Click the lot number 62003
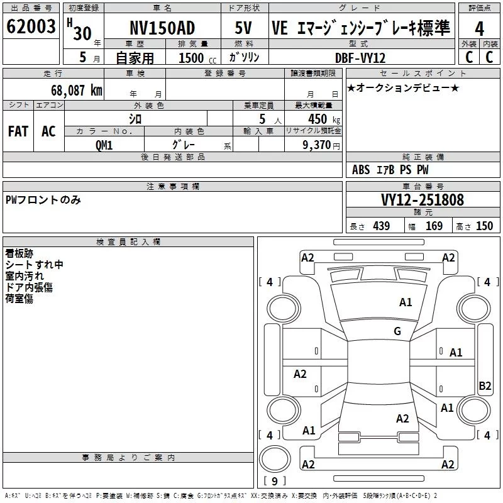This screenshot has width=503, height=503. [31, 26]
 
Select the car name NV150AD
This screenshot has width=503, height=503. [162, 28]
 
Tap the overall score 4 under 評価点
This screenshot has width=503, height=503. [479, 28]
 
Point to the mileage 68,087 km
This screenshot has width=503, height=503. [77, 91]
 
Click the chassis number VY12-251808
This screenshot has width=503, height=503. [423, 200]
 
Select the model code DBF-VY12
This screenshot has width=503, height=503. [360, 58]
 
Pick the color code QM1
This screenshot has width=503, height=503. [104, 145]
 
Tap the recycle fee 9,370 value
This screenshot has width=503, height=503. [317, 145]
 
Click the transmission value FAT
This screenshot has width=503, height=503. [18, 131]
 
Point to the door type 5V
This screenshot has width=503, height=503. [243, 28]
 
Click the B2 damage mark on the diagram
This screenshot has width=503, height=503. [485, 385]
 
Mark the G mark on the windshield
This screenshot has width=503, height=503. [397, 331]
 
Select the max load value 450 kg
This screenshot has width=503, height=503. [324, 119]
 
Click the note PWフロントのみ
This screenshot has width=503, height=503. [43, 200]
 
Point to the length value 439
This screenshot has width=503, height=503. [382, 226]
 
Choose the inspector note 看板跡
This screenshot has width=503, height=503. [19, 253]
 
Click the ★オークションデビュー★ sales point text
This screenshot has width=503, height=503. [403, 87]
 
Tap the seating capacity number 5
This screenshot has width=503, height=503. [262, 119]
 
